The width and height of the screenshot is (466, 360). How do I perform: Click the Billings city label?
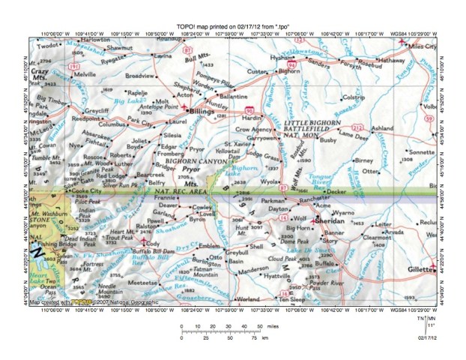tap(201, 111)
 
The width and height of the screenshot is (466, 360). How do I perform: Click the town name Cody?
tap(152, 244)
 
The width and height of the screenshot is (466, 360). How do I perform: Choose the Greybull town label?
tap(237, 254)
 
